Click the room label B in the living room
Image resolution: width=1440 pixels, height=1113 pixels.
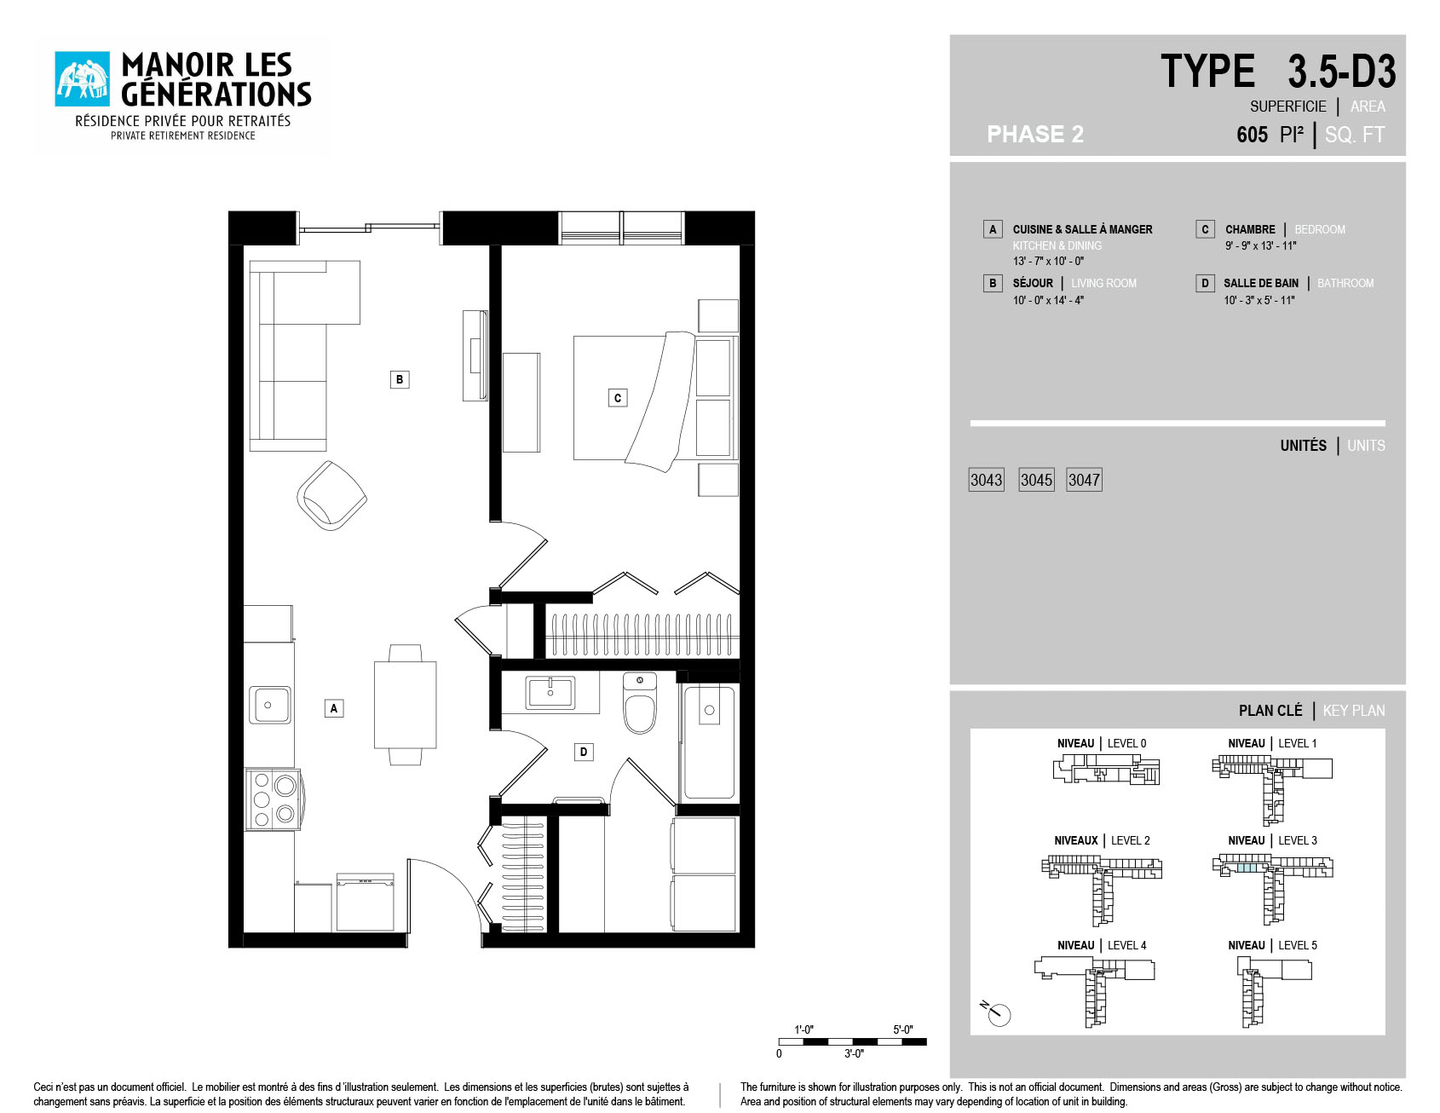400,379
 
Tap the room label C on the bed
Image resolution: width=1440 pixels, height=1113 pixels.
618,397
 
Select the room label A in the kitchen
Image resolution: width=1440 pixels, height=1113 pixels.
334,707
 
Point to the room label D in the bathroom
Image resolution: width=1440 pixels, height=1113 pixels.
584,752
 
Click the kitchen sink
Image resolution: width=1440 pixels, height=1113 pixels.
270,705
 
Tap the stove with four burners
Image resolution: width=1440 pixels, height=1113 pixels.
273,799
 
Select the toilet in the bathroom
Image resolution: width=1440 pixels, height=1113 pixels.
640,703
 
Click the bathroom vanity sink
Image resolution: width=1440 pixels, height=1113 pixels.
550,692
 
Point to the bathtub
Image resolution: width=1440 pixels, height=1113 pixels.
709,741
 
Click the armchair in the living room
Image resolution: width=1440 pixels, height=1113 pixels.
331,495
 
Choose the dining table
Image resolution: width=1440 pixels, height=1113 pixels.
406,705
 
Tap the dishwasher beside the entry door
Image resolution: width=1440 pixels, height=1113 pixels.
365,902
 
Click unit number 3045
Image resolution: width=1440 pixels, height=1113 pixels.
1036,480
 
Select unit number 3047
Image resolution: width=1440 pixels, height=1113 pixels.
1084,480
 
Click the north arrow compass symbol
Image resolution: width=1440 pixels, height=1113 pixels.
996,1012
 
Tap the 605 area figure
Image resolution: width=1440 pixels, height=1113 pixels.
1252,135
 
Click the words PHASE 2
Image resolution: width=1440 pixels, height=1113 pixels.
1035,134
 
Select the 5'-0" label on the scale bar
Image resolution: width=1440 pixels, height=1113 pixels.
903,1029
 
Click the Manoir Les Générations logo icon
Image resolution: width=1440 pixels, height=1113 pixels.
83,79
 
